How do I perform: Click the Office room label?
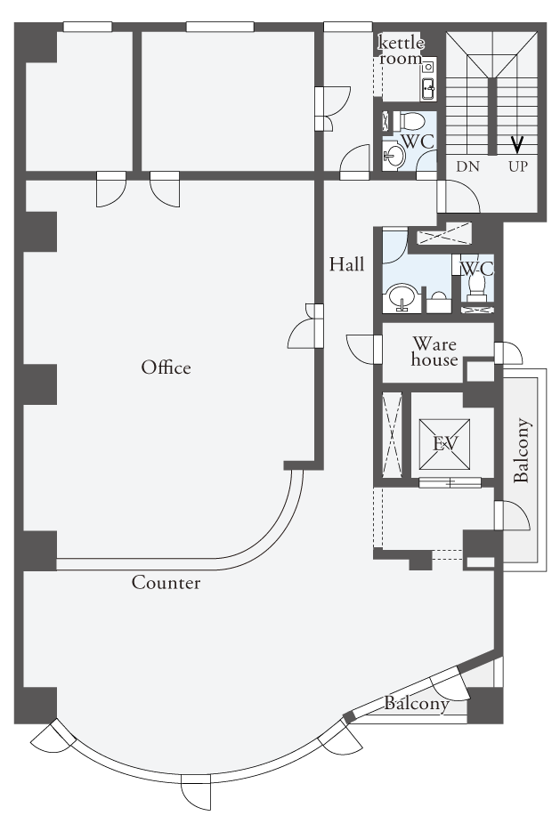[166, 368]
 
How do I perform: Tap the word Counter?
[166, 583]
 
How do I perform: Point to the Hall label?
[346, 263]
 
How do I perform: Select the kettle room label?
[402, 50]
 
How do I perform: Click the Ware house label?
[434, 351]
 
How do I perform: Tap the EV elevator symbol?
[444, 444]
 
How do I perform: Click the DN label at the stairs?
[467, 166]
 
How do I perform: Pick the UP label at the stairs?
[518, 166]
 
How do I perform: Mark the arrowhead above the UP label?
[517, 144]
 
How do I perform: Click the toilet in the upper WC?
[410, 121]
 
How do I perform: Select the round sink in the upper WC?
[394, 156]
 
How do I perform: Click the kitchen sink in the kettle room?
[428, 86]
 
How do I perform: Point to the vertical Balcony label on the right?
[523, 450]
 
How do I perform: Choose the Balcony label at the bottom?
[417, 704]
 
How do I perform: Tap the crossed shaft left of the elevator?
[393, 434]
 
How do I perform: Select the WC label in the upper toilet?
[418, 142]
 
